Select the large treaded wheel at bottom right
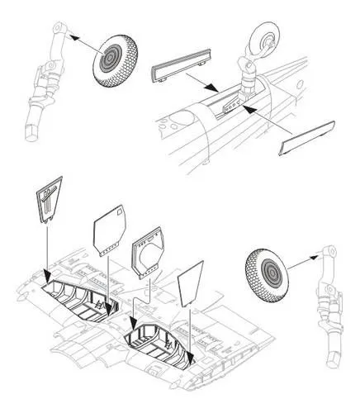(x=272, y=276)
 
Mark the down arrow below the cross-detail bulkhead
(x=46, y=264)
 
